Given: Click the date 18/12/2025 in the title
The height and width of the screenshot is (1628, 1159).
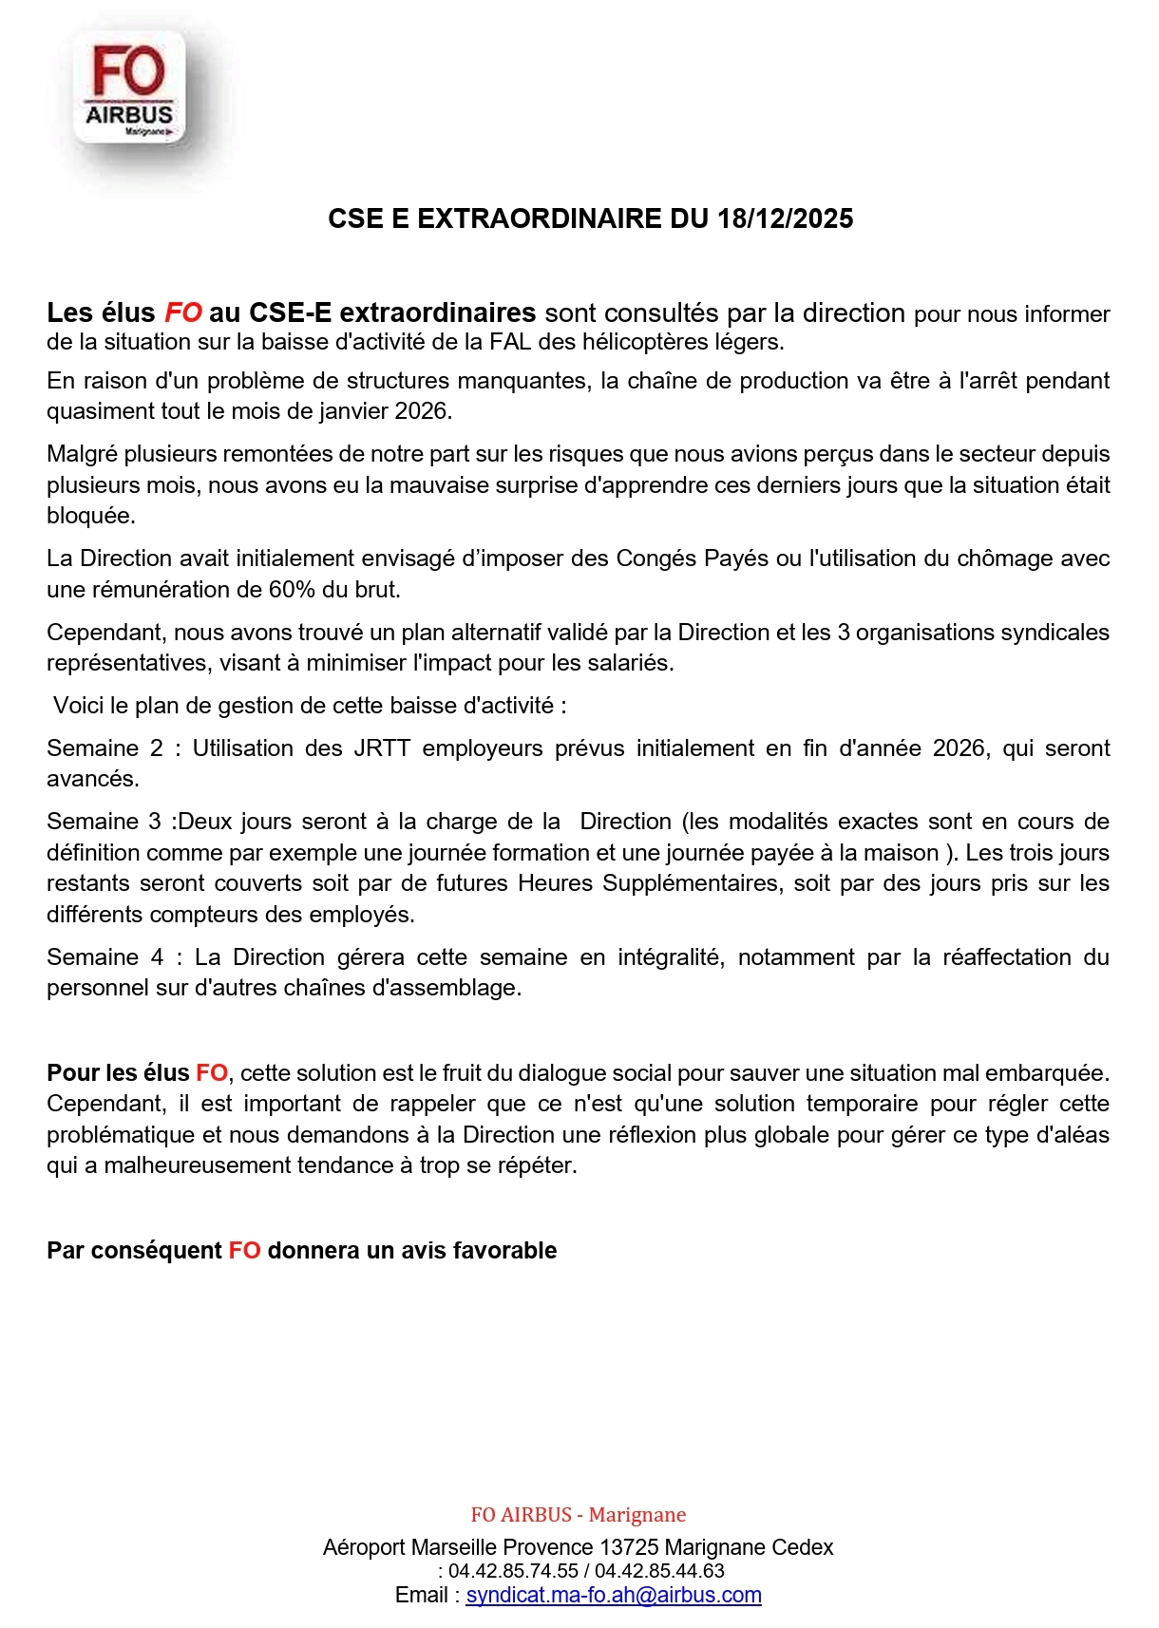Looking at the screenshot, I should (x=786, y=218).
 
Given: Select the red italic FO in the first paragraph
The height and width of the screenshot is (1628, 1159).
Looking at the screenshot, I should (x=183, y=312).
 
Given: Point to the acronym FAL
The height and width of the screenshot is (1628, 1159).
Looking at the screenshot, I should (x=510, y=341).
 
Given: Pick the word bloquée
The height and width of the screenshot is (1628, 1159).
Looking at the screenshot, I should (x=91, y=516).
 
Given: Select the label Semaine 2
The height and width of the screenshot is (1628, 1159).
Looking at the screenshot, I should (x=104, y=748).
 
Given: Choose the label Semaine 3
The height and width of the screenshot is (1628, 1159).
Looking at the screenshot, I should (x=104, y=822).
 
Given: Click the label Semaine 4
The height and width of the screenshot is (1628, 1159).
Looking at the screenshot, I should (x=104, y=957).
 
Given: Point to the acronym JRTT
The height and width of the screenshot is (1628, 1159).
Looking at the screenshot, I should (x=382, y=748).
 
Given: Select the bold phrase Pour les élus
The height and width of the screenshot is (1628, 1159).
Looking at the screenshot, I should (x=118, y=1073).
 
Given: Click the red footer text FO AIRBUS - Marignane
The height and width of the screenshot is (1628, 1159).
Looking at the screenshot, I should (x=579, y=1515).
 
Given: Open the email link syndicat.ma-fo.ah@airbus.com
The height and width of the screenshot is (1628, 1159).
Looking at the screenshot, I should (x=614, y=1596).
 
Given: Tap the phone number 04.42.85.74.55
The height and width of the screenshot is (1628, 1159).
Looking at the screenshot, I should (x=513, y=1572).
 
